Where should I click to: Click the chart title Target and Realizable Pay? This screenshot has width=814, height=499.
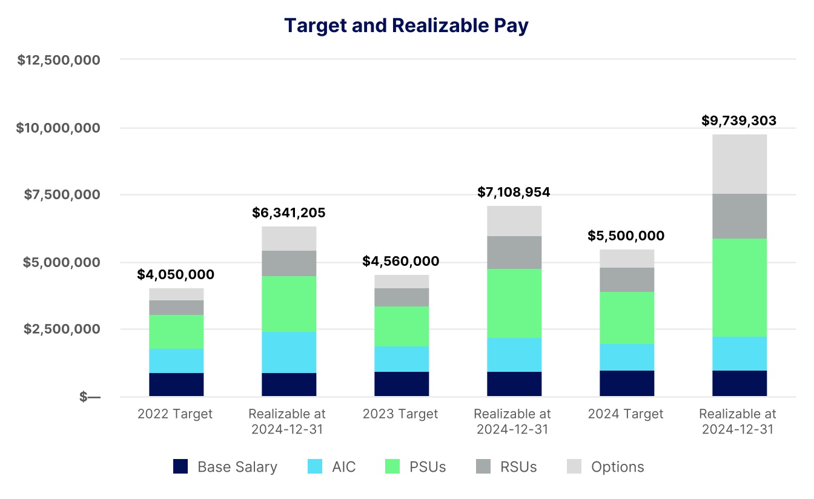point(406,25)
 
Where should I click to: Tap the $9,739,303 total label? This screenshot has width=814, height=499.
point(739,121)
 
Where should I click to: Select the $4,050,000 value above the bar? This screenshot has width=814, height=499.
point(176,274)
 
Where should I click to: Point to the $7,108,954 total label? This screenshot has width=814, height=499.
point(514,192)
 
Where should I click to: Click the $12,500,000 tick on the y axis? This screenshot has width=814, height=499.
point(59,60)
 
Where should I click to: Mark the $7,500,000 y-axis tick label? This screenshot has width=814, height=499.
point(62,194)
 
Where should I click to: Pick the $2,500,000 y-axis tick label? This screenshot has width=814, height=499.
point(62,329)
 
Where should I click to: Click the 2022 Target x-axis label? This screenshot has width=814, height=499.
point(175,414)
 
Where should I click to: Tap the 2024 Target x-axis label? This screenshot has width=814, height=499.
point(626,414)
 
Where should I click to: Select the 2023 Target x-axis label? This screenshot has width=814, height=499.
point(400,414)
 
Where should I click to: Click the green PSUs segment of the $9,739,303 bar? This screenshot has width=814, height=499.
point(739,288)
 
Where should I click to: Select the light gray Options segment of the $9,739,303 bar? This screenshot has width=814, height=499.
point(739,164)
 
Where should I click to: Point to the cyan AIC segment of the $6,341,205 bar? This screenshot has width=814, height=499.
point(288,352)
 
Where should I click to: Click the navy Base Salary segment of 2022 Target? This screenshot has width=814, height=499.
point(176,385)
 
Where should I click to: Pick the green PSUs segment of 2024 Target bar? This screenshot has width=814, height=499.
point(626,318)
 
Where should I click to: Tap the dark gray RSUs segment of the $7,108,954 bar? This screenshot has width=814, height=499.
point(514,253)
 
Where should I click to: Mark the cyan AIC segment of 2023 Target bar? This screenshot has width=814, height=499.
point(401,359)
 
